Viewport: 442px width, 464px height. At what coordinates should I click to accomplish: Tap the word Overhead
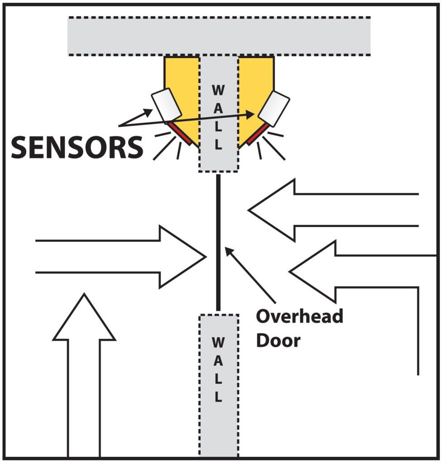[299, 317]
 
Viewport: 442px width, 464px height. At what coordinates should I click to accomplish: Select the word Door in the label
[278, 340]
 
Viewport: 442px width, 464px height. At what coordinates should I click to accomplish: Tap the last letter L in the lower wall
[218, 398]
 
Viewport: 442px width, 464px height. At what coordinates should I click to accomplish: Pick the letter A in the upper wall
[218, 108]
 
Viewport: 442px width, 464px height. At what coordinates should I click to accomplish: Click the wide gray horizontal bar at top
[219, 36]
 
